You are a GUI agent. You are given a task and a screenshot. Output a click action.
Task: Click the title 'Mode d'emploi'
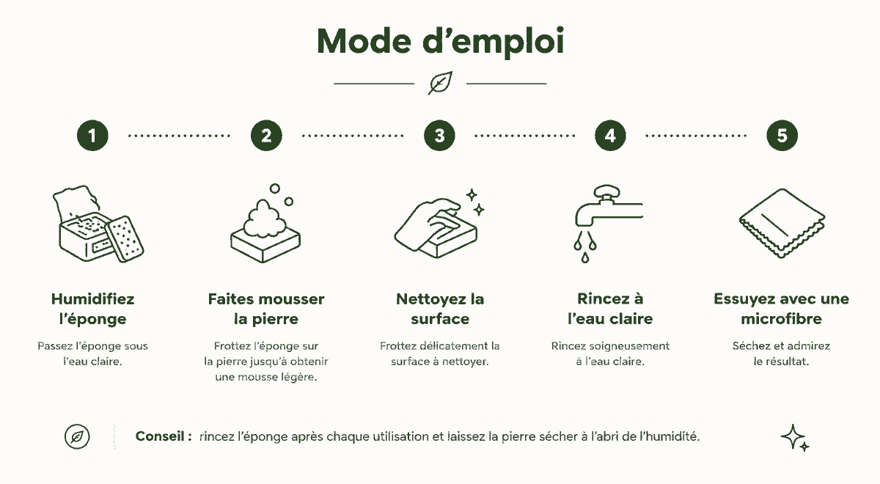pos(440,42)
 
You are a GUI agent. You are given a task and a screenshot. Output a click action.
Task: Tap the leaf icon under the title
pos(441,83)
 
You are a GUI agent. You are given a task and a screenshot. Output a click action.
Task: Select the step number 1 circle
pos(92,136)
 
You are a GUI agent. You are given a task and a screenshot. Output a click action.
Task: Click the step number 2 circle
pos(266,136)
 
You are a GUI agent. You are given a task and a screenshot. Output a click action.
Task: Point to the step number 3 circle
pos(439,136)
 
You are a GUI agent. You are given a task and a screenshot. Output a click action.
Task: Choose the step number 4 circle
pos(610,136)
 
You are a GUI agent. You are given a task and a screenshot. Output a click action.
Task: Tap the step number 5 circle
pos(782,136)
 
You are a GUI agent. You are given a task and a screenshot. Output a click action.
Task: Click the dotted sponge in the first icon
pos(125,239)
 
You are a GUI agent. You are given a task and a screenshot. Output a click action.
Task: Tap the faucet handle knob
pos(607,191)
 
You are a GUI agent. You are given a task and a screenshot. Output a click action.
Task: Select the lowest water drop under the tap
pos(585,257)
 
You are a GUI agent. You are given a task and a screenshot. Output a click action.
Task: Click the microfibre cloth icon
pos(782,223)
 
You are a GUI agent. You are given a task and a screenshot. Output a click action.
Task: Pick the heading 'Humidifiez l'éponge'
pos(92,309)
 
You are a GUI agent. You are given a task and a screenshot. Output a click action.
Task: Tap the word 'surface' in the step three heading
pos(440,319)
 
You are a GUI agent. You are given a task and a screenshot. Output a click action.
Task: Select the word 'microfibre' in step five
pos(782,318)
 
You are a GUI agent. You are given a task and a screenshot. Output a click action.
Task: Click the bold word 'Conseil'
pos(160,436)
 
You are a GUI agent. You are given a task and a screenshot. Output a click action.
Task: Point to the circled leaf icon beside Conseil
pos(77,436)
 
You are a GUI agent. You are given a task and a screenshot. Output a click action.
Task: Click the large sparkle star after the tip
pos(793,436)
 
